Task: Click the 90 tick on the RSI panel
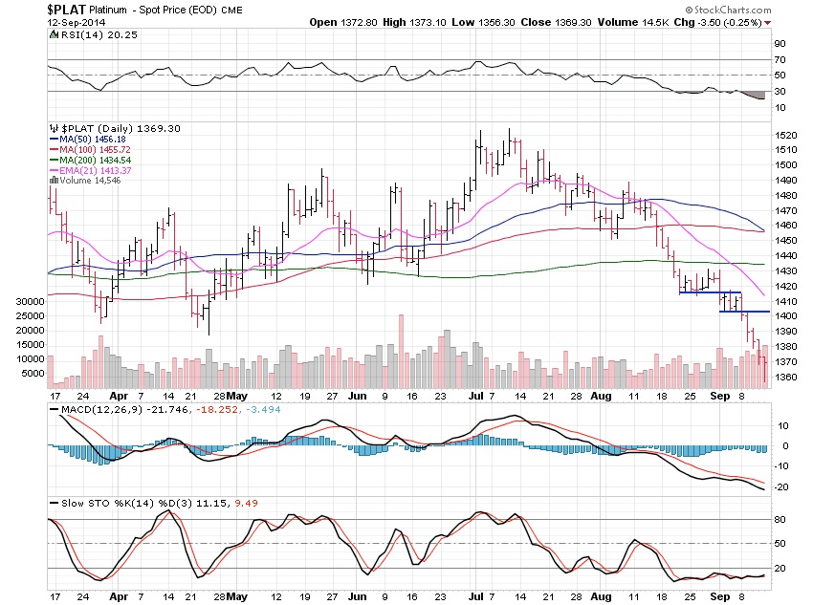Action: pos(780,44)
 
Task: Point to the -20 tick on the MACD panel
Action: pos(782,486)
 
